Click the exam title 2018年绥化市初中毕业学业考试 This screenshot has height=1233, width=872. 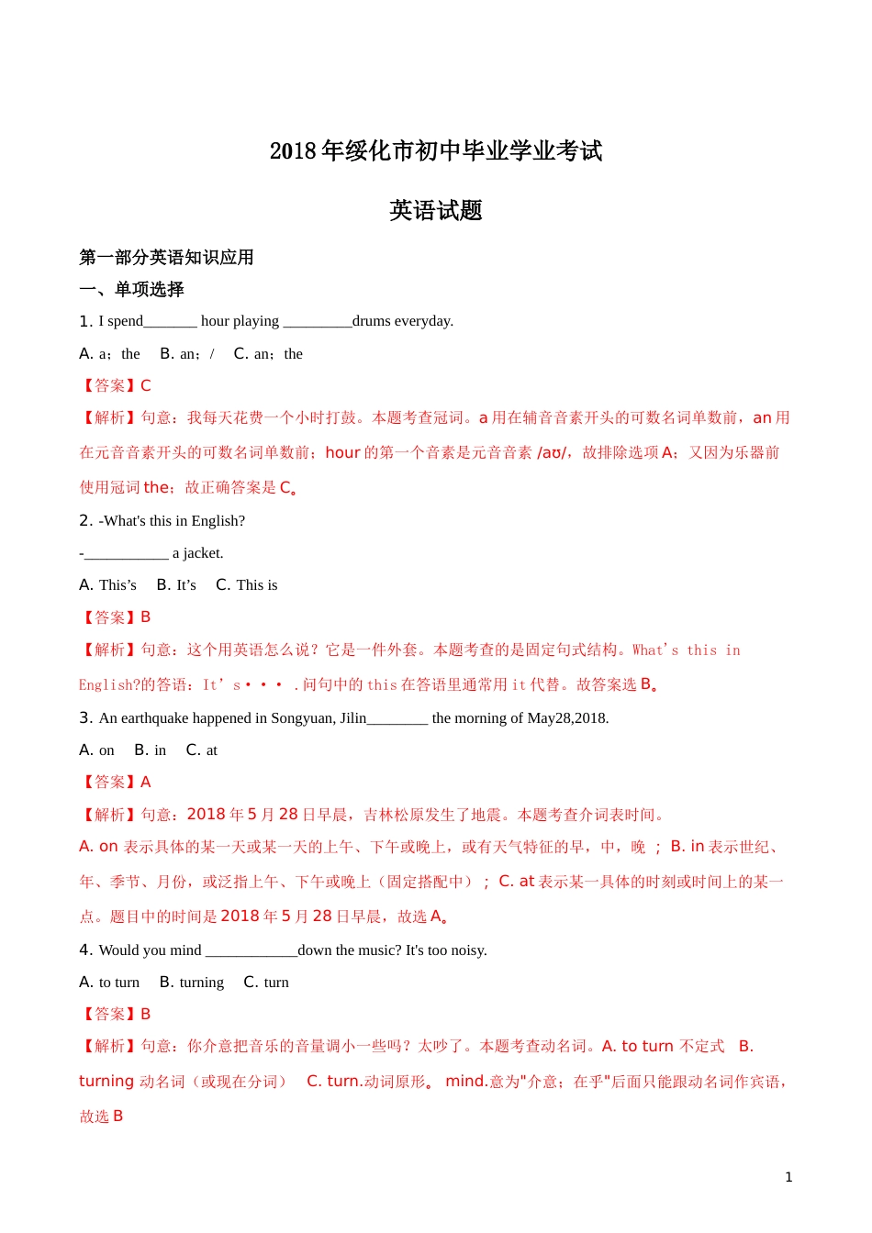[x=436, y=150]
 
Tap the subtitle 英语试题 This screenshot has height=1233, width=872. [x=436, y=211]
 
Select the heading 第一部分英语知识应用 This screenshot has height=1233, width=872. [x=166, y=258]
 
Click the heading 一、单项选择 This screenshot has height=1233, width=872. [x=131, y=290]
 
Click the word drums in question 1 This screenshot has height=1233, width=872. [x=371, y=321]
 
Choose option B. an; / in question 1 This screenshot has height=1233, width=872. [x=187, y=354]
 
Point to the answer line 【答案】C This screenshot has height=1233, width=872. [x=116, y=386]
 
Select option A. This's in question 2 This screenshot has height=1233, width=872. [x=107, y=585]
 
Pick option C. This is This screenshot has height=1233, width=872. [x=246, y=585]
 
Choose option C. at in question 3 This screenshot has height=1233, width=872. [x=201, y=750]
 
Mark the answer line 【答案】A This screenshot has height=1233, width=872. [x=116, y=783]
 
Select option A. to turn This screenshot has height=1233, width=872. [x=109, y=983]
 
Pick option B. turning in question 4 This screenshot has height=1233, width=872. [x=192, y=983]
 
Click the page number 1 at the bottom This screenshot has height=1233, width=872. [x=788, y=1177]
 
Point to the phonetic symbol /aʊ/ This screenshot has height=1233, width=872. [x=552, y=453]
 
